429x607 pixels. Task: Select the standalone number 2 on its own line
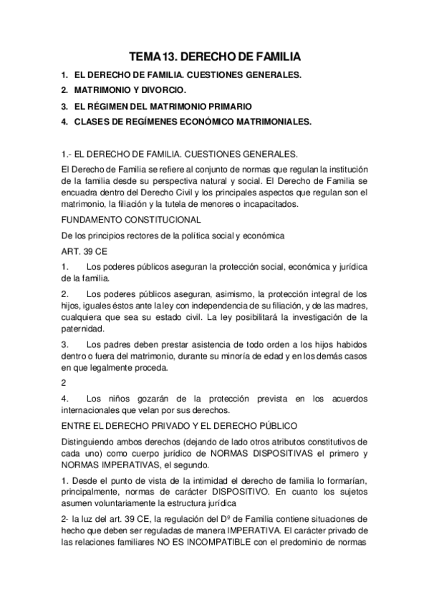64,382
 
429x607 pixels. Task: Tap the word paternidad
83,329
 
